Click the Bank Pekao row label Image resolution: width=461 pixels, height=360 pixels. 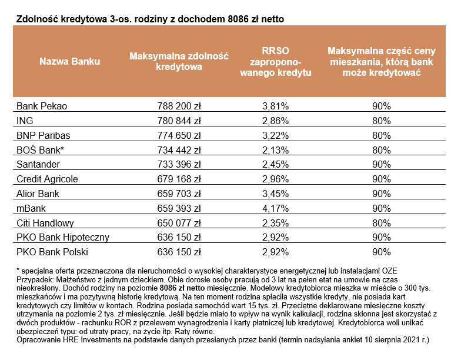click(x=42, y=106)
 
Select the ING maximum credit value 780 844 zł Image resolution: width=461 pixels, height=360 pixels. click(x=179, y=121)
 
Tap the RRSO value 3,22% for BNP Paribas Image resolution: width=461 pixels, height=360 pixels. click(x=275, y=135)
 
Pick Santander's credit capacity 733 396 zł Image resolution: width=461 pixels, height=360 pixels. click(x=179, y=165)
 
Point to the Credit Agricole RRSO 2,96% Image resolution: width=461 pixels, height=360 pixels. click(x=275, y=179)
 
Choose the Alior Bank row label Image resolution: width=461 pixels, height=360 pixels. click(x=39, y=194)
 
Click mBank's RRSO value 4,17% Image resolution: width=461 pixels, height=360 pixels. click(x=275, y=208)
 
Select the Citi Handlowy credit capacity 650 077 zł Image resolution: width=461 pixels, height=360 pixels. click(x=179, y=223)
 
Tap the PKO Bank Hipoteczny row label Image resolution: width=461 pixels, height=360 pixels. click(x=63, y=238)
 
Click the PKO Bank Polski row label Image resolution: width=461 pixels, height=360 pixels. click(x=52, y=252)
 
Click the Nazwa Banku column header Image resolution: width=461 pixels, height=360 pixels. click(x=69, y=62)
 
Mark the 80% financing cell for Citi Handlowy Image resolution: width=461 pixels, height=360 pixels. click(x=381, y=223)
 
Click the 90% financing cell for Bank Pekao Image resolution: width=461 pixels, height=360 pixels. click(x=381, y=106)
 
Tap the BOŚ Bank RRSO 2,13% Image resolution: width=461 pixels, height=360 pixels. click(x=275, y=150)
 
